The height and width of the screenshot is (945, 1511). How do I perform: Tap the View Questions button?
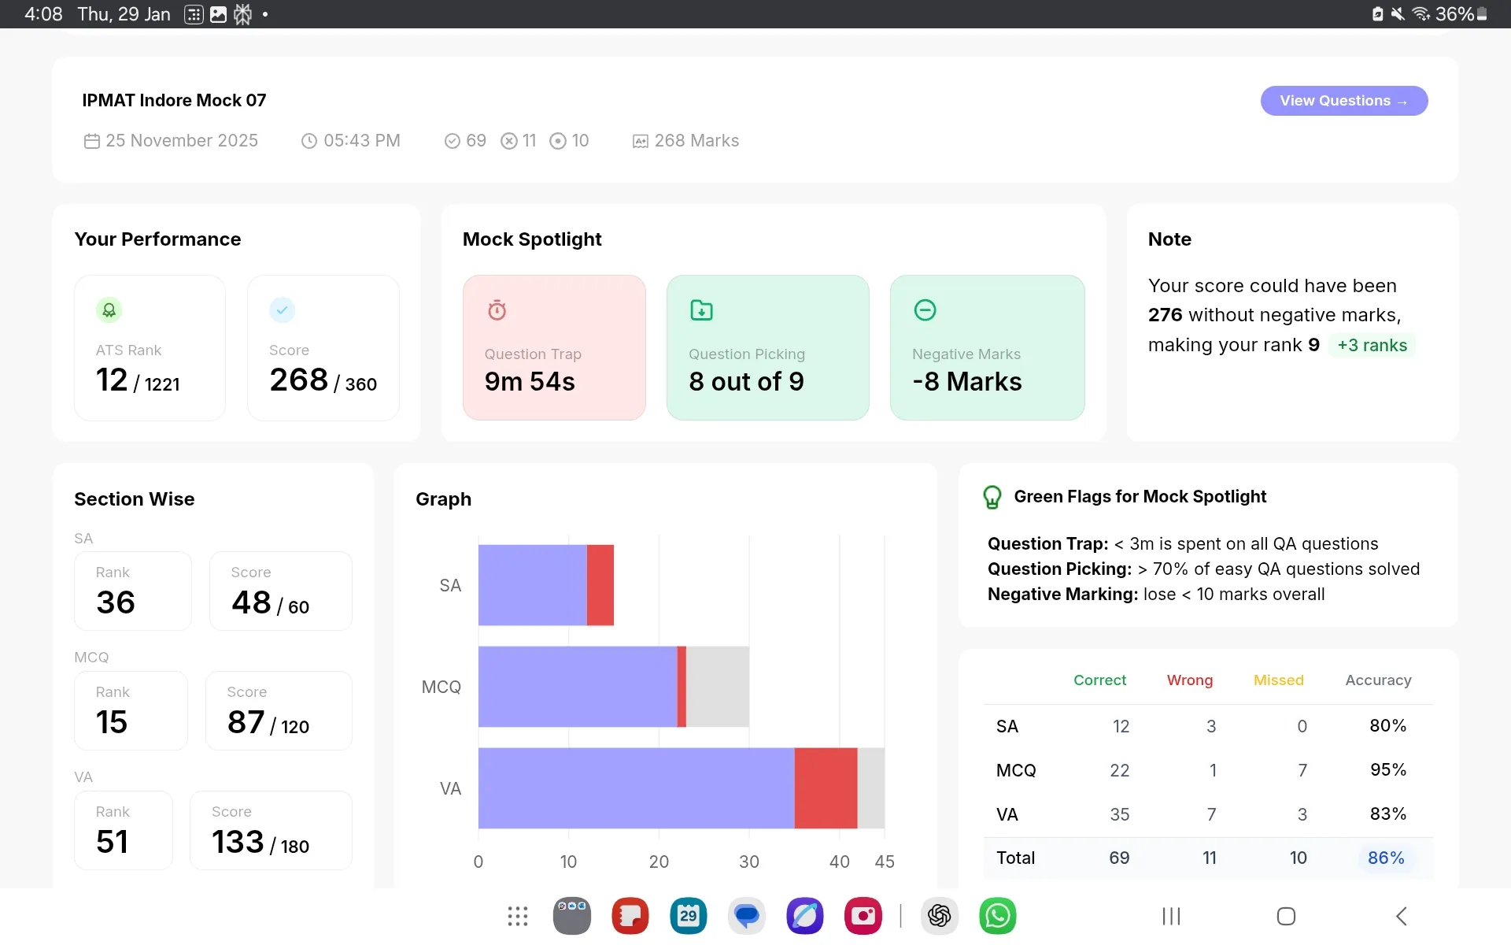[1344, 101]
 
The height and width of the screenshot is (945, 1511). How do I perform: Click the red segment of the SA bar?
[600, 585]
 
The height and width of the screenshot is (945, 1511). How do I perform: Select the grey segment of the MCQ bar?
[718, 687]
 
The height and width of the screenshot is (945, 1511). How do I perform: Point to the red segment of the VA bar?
[826, 788]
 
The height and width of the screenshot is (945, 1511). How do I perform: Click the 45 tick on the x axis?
[885, 862]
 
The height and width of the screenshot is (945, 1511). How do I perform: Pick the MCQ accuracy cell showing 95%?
[1388, 769]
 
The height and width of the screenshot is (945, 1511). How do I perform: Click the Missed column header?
[1279, 680]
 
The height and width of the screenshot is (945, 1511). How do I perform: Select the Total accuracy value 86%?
[1386, 858]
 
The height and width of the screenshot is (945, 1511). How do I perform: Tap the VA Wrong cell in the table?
[1212, 814]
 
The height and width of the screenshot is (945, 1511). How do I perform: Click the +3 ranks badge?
[1372, 345]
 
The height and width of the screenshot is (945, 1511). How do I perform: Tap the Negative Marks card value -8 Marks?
[967, 382]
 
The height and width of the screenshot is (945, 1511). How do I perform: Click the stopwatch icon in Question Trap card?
[497, 310]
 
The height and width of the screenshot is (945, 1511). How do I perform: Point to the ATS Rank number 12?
[112, 380]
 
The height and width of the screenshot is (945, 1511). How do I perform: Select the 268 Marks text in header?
[696, 141]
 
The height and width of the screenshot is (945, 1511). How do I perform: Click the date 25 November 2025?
[182, 141]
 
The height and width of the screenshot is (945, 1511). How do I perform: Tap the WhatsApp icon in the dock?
[998, 916]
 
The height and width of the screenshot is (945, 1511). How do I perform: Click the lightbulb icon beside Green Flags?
[992, 497]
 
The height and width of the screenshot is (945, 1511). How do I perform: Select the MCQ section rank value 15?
[112, 722]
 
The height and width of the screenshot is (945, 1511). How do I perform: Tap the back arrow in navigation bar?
[1402, 916]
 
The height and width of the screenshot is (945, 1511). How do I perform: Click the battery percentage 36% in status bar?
[1454, 14]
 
